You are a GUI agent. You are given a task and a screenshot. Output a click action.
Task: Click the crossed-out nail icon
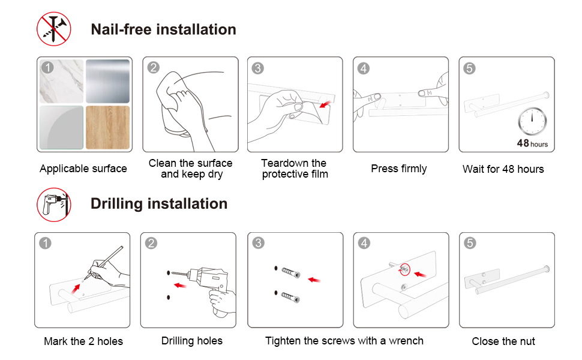click(x=54, y=29)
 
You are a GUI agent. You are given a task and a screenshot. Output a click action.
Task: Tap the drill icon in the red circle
click(x=54, y=205)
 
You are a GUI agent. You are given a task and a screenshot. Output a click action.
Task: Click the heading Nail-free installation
click(x=163, y=29)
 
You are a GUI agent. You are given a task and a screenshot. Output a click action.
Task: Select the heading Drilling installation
click(x=159, y=204)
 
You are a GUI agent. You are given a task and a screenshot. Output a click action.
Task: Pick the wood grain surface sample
click(x=107, y=127)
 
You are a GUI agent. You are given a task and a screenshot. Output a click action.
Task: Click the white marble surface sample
click(x=62, y=81)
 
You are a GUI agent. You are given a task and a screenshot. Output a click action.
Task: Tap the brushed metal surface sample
click(x=107, y=81)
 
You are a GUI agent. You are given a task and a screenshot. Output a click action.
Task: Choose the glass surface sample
click(x=62, y=127)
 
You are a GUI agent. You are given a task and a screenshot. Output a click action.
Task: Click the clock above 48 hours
click(x=532, y=121)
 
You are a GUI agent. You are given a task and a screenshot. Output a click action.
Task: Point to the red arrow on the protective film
click(x=325, y=104)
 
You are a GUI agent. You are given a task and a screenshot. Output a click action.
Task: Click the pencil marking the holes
click(x=104, y=262)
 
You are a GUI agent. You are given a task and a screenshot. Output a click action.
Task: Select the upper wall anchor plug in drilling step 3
click(x=290, y=272)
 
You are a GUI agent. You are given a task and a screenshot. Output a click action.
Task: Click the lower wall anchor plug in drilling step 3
click(x=290, y=297)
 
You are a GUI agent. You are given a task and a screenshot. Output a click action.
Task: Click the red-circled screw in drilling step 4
click(x=404, y=269)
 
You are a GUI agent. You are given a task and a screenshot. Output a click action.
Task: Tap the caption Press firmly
click(x=398, y=169)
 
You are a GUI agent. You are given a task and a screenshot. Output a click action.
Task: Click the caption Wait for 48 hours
click(x=503, y=169)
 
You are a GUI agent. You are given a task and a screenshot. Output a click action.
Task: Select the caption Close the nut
click(x=503, y=341)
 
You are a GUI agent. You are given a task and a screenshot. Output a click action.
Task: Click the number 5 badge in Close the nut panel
click(x=470, y=243)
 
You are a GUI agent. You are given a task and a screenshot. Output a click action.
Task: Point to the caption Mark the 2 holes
click(x=83, y=341)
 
